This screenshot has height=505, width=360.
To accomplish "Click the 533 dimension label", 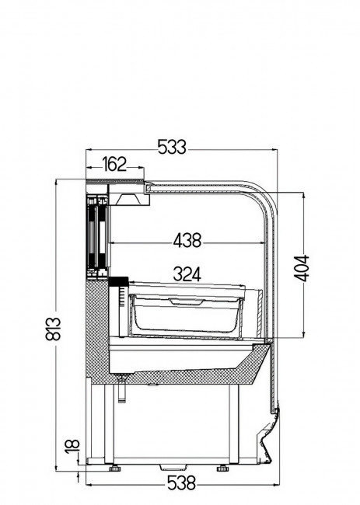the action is (172, 147).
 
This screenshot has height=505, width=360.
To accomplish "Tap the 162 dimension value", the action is (114, 164).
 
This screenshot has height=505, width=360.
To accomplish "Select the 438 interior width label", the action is (187, 240).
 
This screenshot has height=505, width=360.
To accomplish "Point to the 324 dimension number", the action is (187, 274).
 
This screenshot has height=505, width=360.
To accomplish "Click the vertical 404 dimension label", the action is (302, 268).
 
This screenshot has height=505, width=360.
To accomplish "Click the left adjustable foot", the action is (114, 468).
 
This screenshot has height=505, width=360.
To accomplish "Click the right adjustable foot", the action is (222, 468).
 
